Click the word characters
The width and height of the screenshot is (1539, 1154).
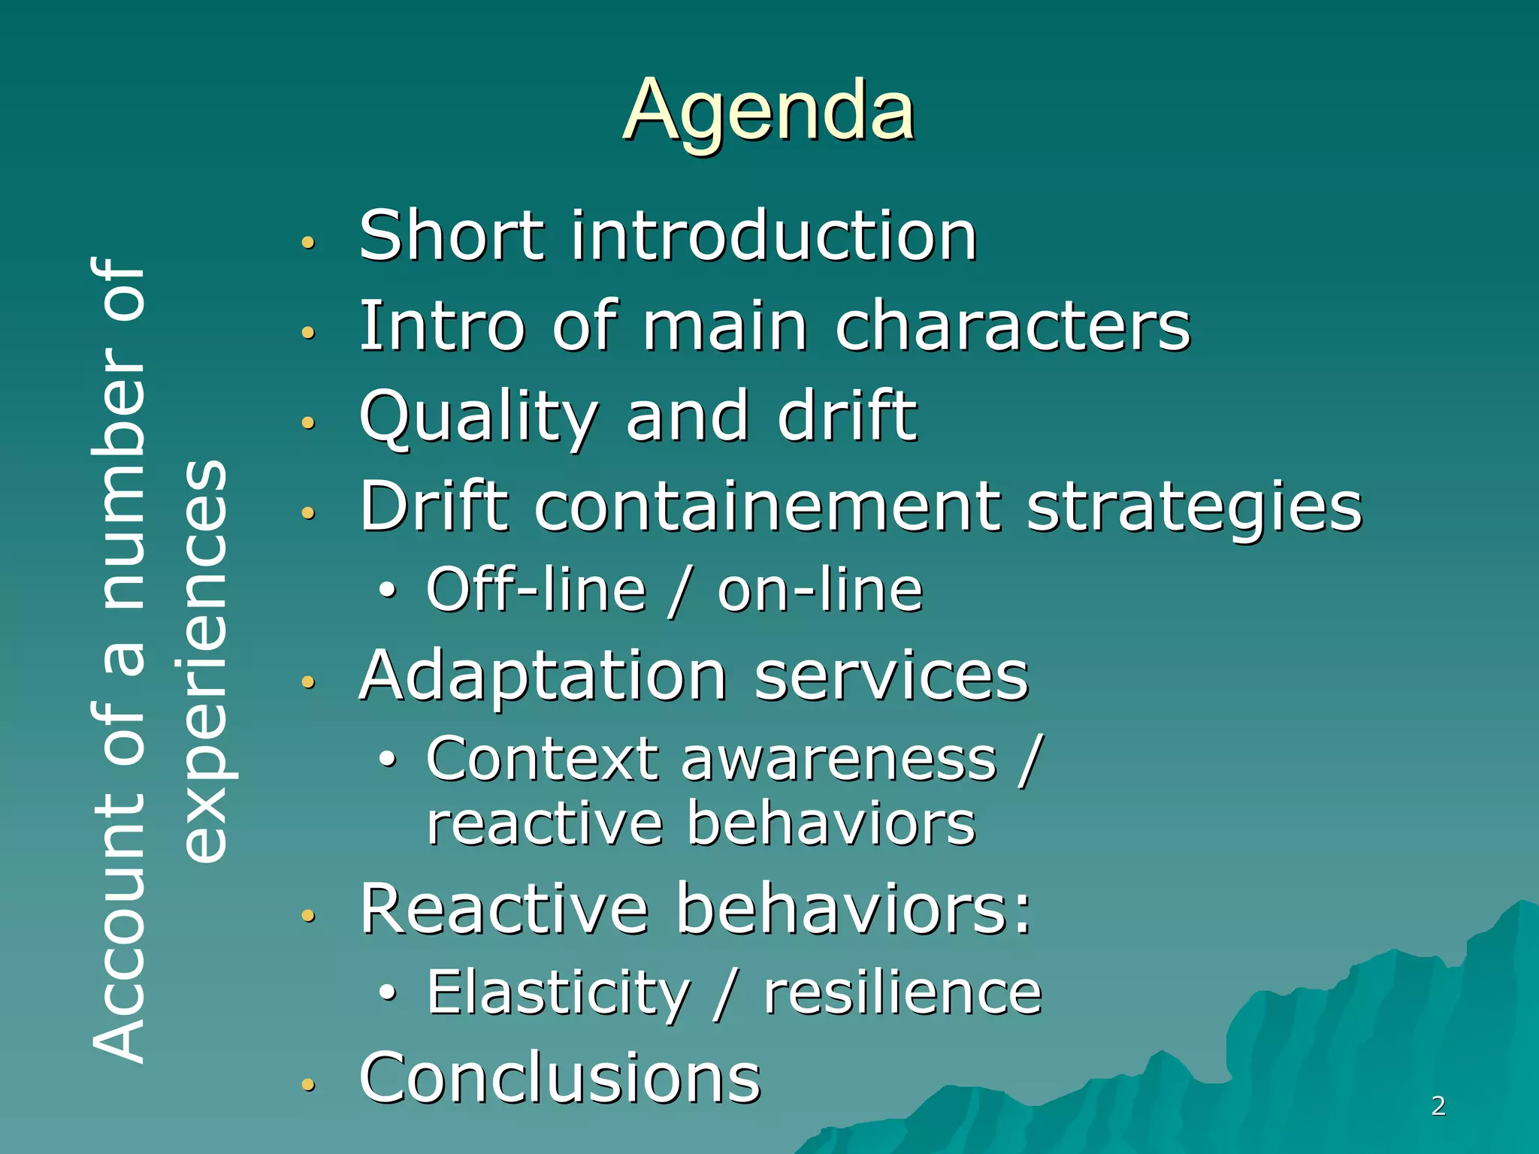(1013, 326)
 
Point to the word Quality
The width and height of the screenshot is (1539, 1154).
(479, 418)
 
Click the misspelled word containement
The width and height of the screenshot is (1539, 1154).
(767, 506)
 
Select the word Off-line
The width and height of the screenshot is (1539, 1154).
(536, 590)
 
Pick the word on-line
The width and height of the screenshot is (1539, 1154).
(820, 590)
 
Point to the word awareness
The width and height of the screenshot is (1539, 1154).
(839, 760)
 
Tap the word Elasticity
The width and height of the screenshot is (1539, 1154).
(558, 993)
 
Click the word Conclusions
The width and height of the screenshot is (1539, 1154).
(560, 1078)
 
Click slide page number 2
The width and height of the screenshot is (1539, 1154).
(1438, 1105)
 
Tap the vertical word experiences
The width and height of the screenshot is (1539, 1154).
(204, 661)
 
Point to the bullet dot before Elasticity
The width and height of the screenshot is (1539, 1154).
(387, 992)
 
